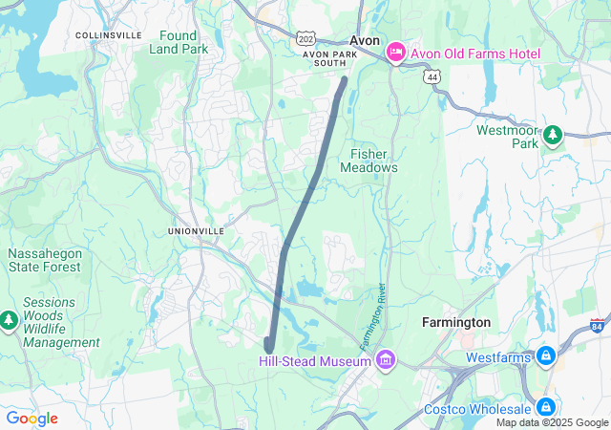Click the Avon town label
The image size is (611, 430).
pos(365,41)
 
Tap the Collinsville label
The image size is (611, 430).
pos(108,35)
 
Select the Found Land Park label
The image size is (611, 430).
pos(178,42)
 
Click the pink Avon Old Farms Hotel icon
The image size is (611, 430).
pos(396,54)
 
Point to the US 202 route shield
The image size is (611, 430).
pos(305,38)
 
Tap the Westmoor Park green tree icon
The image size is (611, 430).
pos(552,135)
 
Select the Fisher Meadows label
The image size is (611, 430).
pos(369,161)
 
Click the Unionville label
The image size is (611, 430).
pos(196,231)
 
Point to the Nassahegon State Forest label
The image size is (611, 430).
pos(44,261)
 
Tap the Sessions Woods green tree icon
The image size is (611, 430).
pos(10,318)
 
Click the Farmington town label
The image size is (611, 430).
pos(456,323)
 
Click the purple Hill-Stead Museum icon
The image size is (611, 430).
pos(385,360)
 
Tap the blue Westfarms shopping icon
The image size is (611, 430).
pos(545,357)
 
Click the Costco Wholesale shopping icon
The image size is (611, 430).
pos(545,408)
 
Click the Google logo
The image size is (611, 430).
pos(32,419)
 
